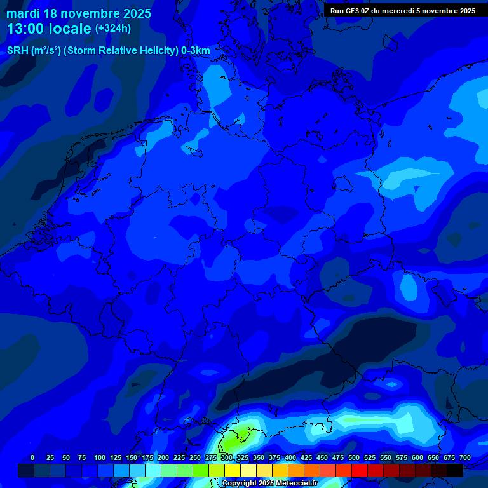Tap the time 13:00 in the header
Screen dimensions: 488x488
click(27, 29)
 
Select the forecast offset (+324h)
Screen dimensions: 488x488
click(113, 29)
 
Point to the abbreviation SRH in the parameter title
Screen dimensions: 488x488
click(17, 51)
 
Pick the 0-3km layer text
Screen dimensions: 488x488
click(196, 51)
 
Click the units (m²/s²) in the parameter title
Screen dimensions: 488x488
click(46, 51)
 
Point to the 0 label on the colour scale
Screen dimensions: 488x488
click(32, 457)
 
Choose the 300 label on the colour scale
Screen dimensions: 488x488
click(227, 457)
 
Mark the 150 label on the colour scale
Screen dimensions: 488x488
click(132, 457)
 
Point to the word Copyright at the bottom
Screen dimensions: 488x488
click(239, 484)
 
